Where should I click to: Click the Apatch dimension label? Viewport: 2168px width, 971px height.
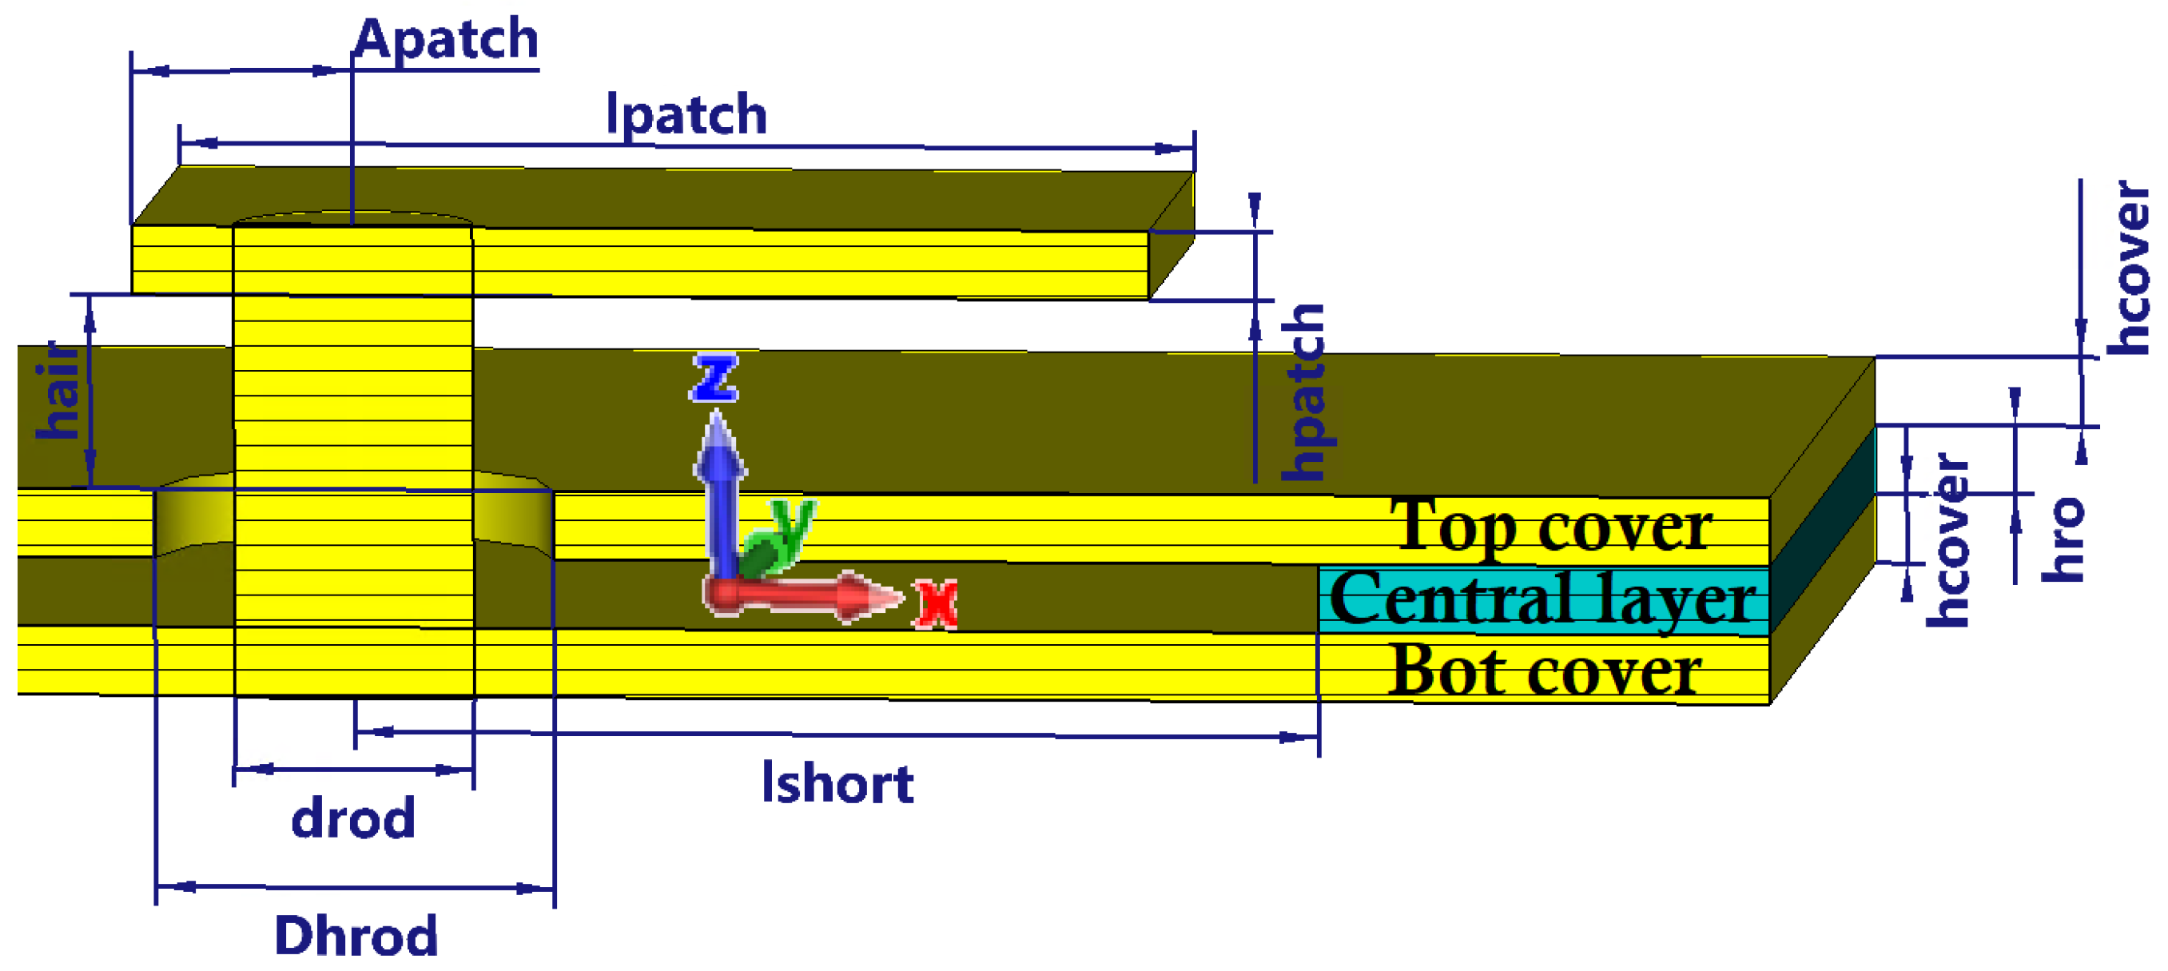(x=446, y=38)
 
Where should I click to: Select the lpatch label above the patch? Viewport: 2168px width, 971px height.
(x=686, y=114)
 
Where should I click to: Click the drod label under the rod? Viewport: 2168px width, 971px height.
(x=353, y=818)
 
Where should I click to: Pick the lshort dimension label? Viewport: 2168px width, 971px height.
(x=837, y=783)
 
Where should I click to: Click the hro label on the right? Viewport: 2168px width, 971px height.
(x=2063, y=539)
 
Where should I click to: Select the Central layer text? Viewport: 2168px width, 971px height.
(x=1541, y=599)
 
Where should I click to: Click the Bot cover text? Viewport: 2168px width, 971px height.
(x=1545, y=671)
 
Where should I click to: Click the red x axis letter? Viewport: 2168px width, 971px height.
(x=936, y=603)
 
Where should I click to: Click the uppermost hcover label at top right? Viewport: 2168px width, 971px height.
(x=2126, y=268)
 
